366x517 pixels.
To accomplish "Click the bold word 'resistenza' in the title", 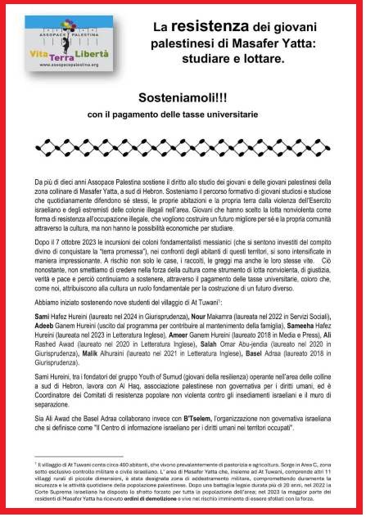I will pos(208,27).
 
